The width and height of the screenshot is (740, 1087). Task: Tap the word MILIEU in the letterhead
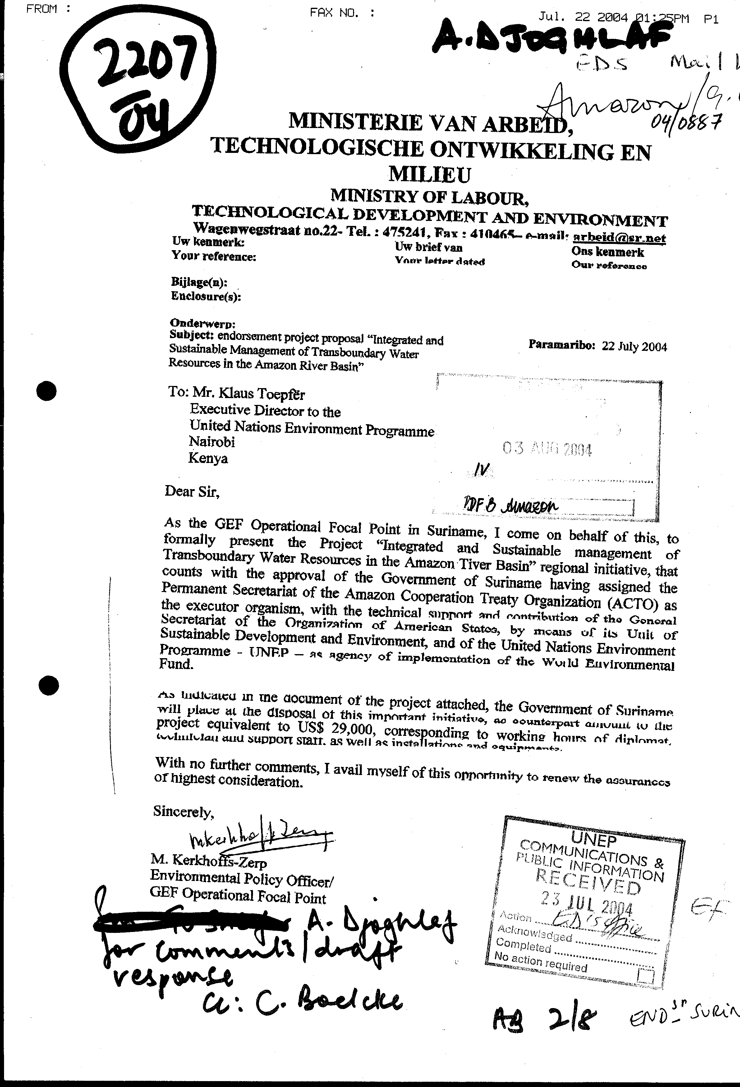pos(430,174)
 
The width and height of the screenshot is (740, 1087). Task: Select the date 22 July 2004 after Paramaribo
pos(634,346)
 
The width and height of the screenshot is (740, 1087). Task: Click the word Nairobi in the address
pos(212,442)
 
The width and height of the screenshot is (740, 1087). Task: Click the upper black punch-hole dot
pos(46,391)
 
